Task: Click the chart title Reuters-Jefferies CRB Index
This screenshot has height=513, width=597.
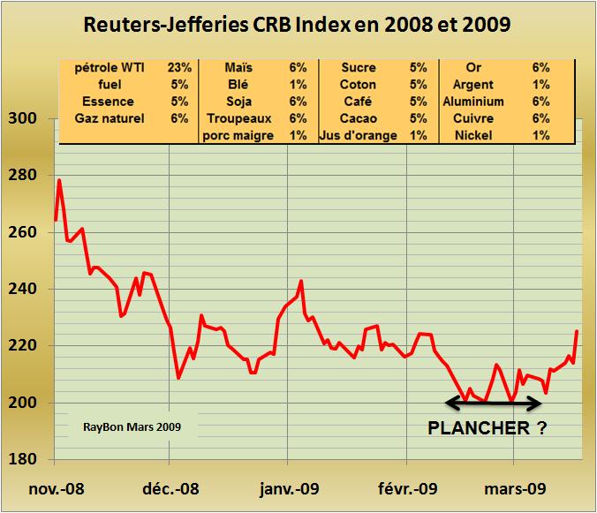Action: (x=297, y=25)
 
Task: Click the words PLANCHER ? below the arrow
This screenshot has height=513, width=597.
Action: (x=487, y=429)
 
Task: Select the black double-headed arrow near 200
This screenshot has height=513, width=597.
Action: (x=493, y=404)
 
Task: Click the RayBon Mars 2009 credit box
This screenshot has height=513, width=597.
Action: (x=134, y=426)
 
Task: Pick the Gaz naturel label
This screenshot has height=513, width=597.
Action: (x=112, y=118)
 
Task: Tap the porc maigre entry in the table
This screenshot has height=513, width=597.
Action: (x=237, y=135)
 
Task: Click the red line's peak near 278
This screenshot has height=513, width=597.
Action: (x=59, y=181)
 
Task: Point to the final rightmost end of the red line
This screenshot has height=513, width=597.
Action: (x=578, y=332)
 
